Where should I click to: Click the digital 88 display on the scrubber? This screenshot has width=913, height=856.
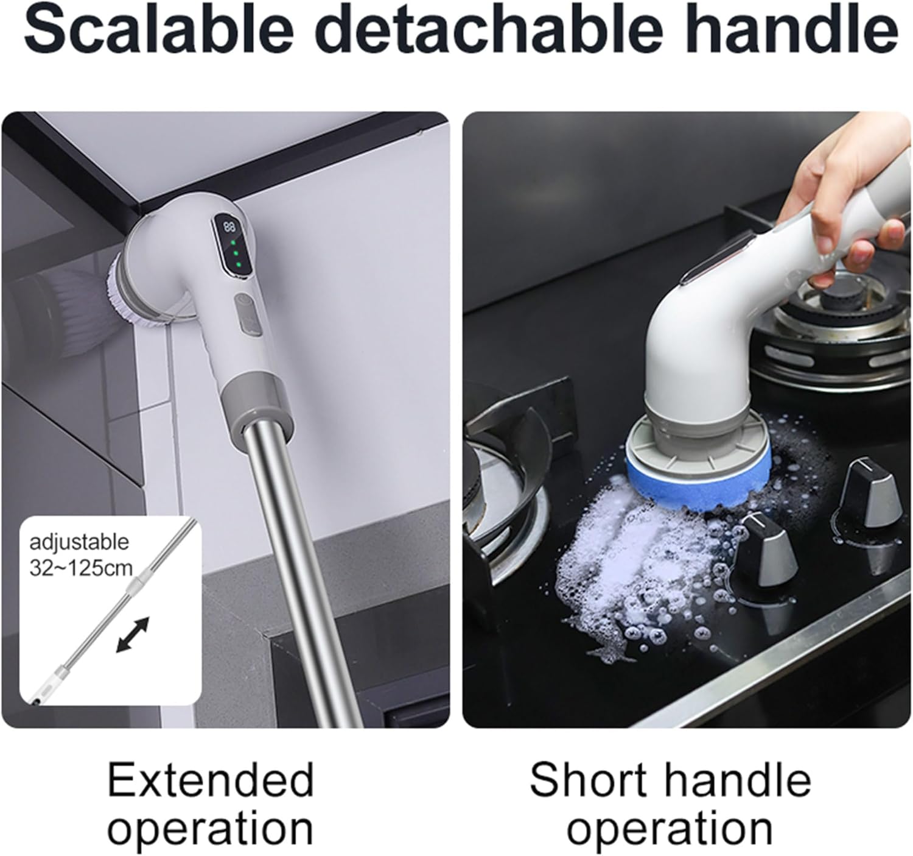pyautogui.click(x=229, y=227)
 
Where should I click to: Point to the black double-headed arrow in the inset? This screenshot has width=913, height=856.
pyautogui.click(x=132, y=635)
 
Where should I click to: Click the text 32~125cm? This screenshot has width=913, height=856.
pyautogui.click(x=81, y=568)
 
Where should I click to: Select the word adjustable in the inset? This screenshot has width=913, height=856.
pyautogui.click(x=79, y=542)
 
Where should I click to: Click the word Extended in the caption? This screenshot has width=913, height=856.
pyautogui.click(x=211, y=780)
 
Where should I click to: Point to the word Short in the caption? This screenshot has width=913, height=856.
pyautogui.click(x=587, y=780)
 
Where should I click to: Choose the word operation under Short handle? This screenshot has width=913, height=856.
pyautogui.click(x=670, y=829)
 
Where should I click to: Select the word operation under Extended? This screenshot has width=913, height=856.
pyautogui.click(x=211, y=829)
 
